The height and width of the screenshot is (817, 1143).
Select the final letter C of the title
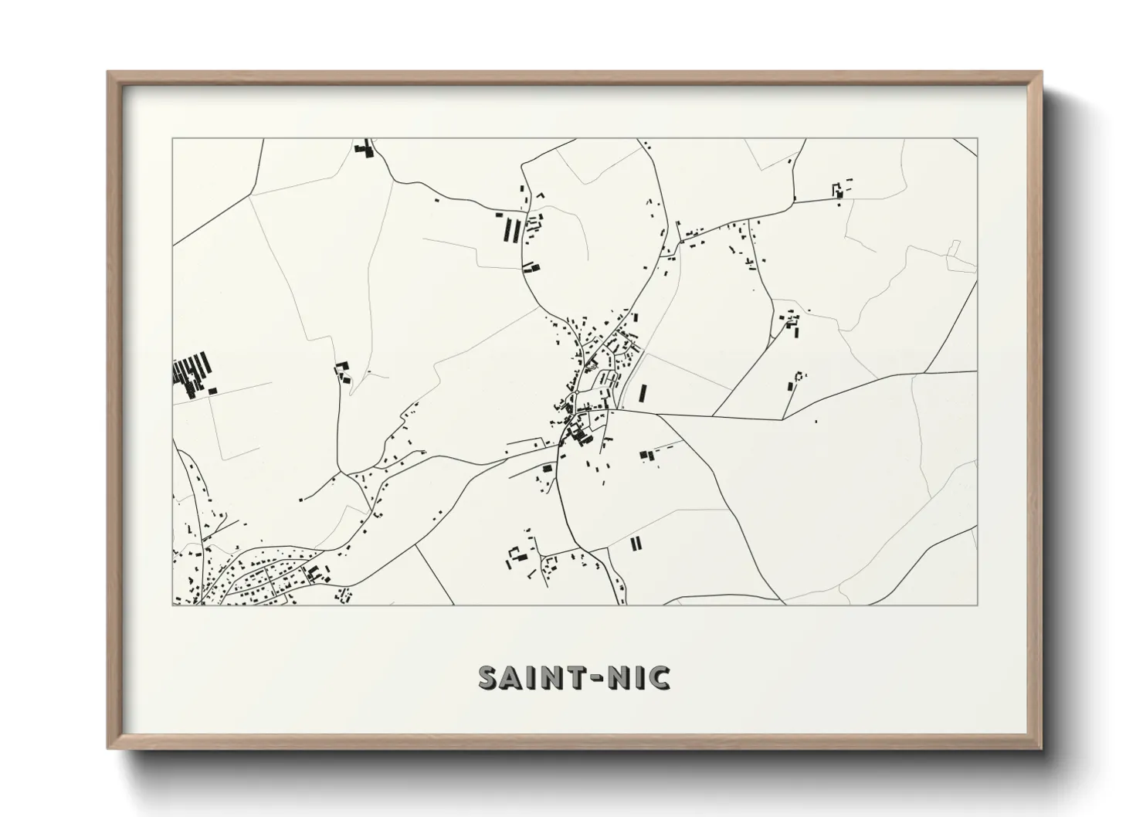[x=660, y=678]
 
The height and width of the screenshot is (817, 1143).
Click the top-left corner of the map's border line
[x=173, y=139]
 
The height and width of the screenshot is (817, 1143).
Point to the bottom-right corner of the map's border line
[x=977, y=605]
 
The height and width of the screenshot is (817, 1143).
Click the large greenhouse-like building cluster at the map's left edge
[x=192, y=374]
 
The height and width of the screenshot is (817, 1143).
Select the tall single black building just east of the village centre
[x=642, y=394]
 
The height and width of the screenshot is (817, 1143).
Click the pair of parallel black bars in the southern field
[x=635, y=544]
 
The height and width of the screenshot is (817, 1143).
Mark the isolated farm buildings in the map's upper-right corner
[x=839, y=188]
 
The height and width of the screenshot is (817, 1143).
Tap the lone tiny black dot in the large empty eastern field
[x=816, y=422]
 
